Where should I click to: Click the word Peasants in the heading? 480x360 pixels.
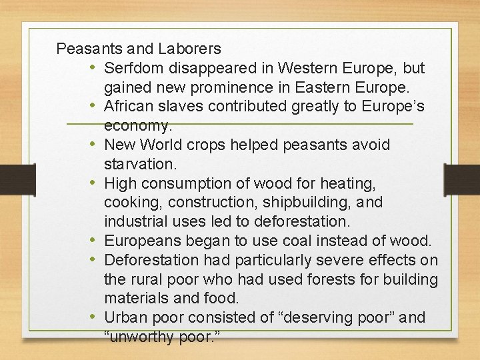[x=85, y=49]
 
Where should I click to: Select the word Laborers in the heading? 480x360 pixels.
[x=190, y=49]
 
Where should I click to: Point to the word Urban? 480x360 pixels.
[x=123, y=317]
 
